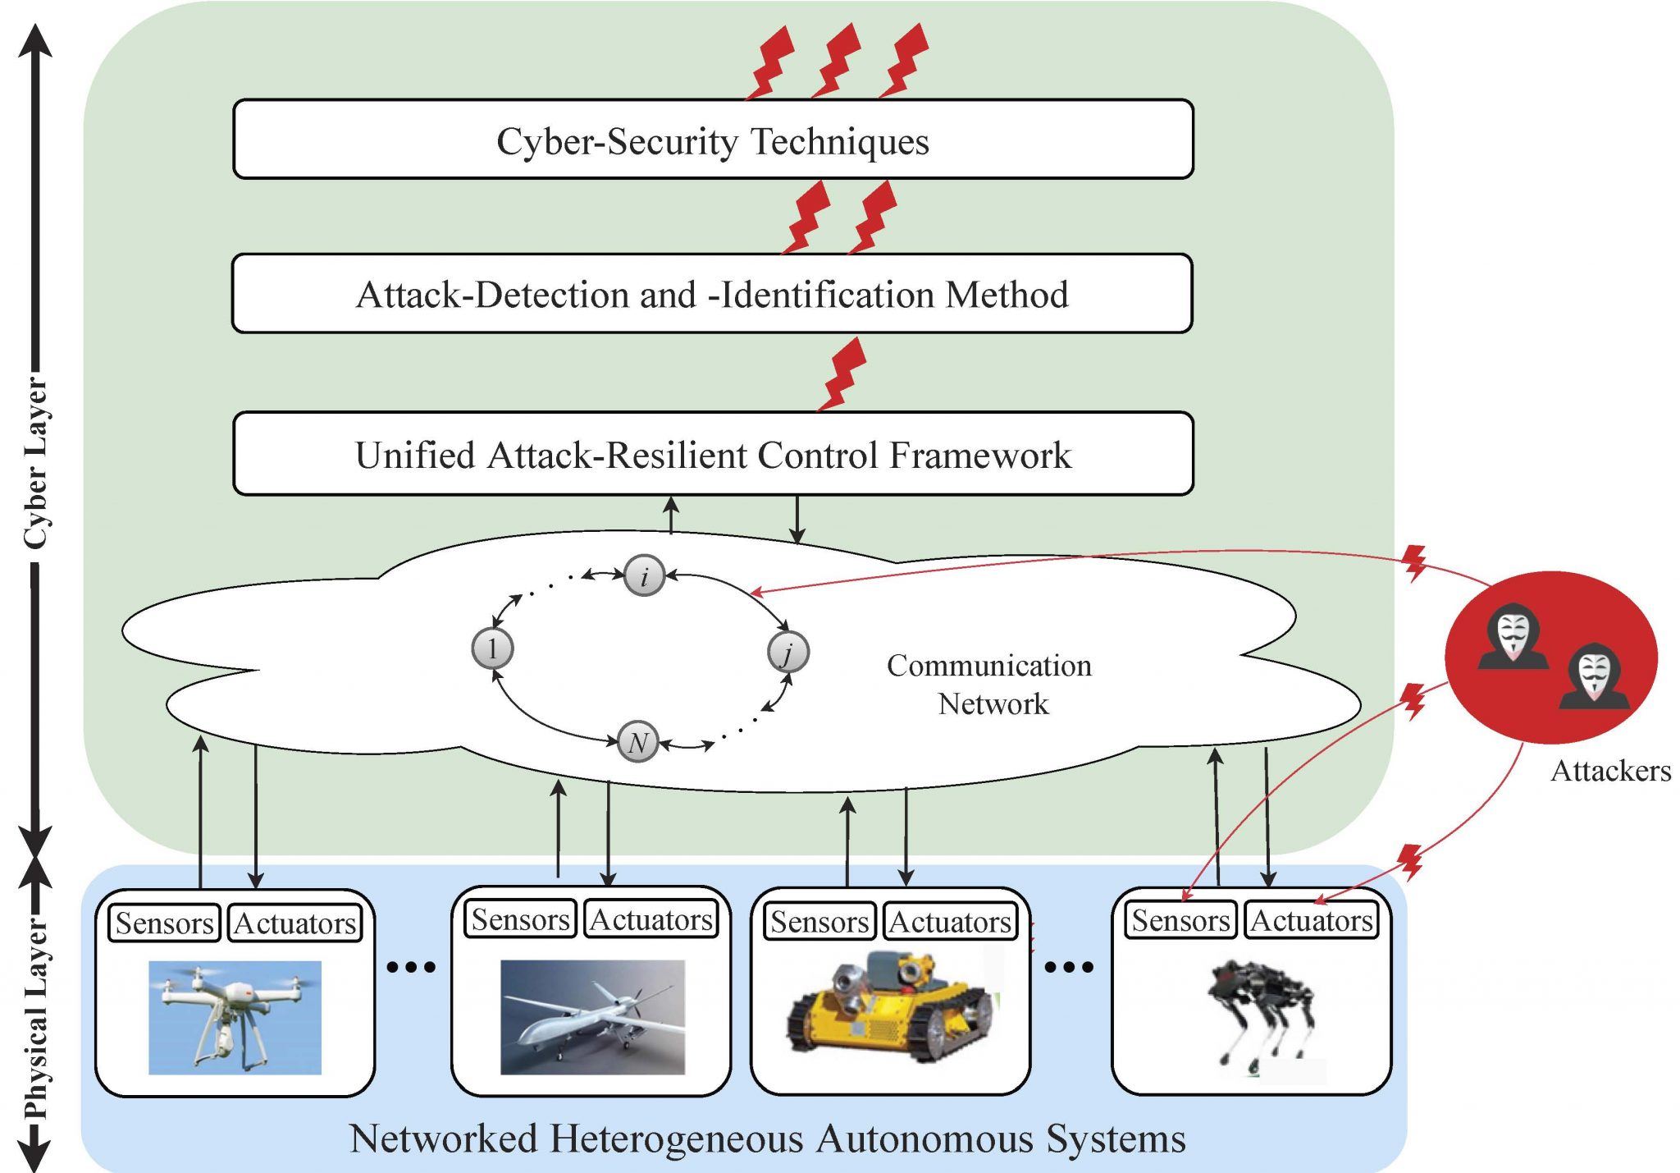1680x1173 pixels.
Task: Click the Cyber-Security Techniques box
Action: click(x=712, y=140)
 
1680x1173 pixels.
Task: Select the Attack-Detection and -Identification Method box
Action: click(x=712, y=294)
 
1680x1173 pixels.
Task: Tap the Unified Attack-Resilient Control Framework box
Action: click(x=712, y=454)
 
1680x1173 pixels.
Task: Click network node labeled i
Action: click(x=644, y=575)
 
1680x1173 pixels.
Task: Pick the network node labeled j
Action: click(x=787, y=653)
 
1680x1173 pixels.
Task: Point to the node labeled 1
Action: click(x=492, y=648)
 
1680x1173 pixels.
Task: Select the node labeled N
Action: click(x=638, y=742)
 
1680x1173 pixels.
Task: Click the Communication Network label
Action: click(x=990, y=684)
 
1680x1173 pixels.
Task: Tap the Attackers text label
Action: click(x=1609, y=771)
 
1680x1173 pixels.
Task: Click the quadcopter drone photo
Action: click(x=235, y=1017)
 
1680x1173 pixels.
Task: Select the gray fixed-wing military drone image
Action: click(x=592, y=1017)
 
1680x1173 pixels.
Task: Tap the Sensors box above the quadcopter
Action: click(x=164, y=923)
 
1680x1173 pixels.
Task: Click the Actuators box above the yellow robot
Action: click(x=950, y=922)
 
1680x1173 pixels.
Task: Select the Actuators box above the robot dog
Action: click(x=1311, y=920)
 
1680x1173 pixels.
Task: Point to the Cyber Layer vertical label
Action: click(x=35, y=464)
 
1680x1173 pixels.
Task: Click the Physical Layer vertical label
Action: click(x=35, y=1018)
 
